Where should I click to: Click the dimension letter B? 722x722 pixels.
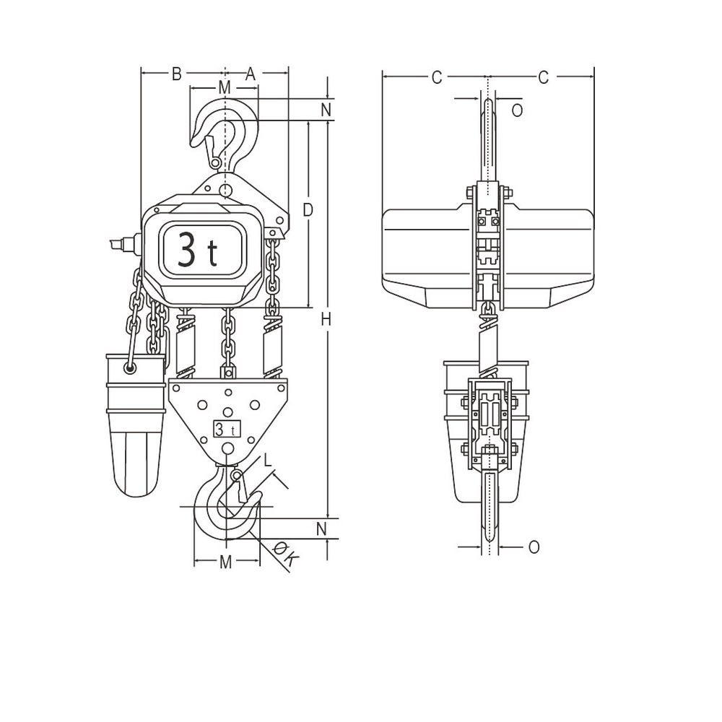pyautogui.click(x=176, y=74)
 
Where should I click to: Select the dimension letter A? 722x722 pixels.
pyautogui.click(x=251, y=74)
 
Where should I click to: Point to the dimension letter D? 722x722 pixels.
pyautogui.click(x=308, y=210)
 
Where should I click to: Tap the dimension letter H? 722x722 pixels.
pyautogui.click(x=326, y=319)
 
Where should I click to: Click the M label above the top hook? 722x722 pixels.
pyautogui.click(x=225, y=87)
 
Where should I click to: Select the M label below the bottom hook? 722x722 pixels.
pyautogui.click(x=226, y=562)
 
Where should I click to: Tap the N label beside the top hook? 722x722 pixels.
pyautogui.click(x=326, y=110)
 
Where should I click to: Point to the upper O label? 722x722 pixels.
pyautogui.click(x=516, y=110)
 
